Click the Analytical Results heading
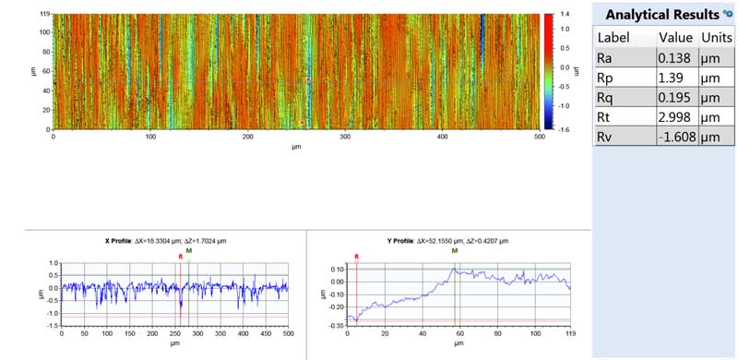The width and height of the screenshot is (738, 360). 661,15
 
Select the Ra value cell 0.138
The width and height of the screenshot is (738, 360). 673,58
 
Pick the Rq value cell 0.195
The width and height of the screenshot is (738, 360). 673,98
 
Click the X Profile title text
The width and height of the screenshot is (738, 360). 166,240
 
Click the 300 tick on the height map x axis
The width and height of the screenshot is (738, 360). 345,137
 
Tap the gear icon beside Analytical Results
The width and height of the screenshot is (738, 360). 727,13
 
